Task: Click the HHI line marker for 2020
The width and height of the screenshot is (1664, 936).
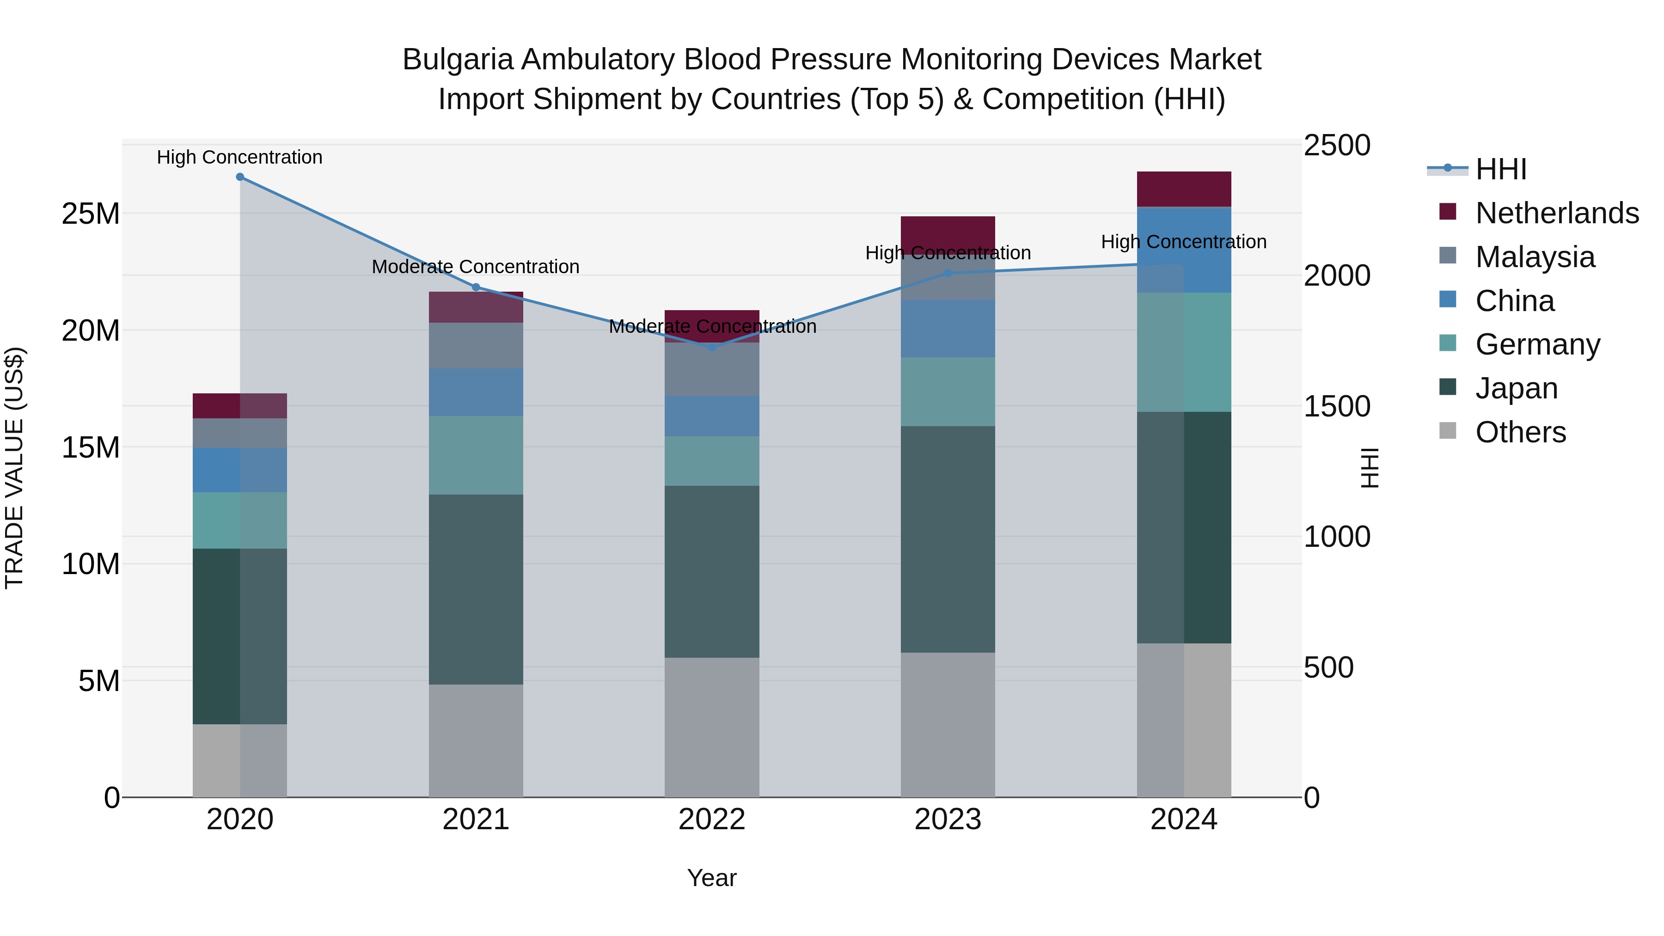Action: [x=239, y=177]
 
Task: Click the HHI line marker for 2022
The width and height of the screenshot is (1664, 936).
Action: [x=712, y=347]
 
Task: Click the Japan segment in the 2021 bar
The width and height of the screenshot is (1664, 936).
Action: [x=476, y=589]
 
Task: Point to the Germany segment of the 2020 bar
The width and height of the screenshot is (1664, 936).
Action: [x=239, y=520]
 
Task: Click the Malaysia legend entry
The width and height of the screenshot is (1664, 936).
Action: [x=1535, y=257]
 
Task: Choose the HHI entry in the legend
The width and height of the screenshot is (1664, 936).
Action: [x=1500, y=169]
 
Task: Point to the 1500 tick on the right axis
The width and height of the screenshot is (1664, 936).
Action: [x=1336, y=406]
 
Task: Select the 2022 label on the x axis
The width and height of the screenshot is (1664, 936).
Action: [x=712, y=820]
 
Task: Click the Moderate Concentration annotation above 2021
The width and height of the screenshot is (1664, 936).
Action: [x=476, y=267]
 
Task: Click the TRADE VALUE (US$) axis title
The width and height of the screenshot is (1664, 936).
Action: [x=14, y=468]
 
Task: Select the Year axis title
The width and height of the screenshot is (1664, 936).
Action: [x=712, y=878]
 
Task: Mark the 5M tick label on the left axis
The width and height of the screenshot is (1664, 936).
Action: [x=99, y=681]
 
